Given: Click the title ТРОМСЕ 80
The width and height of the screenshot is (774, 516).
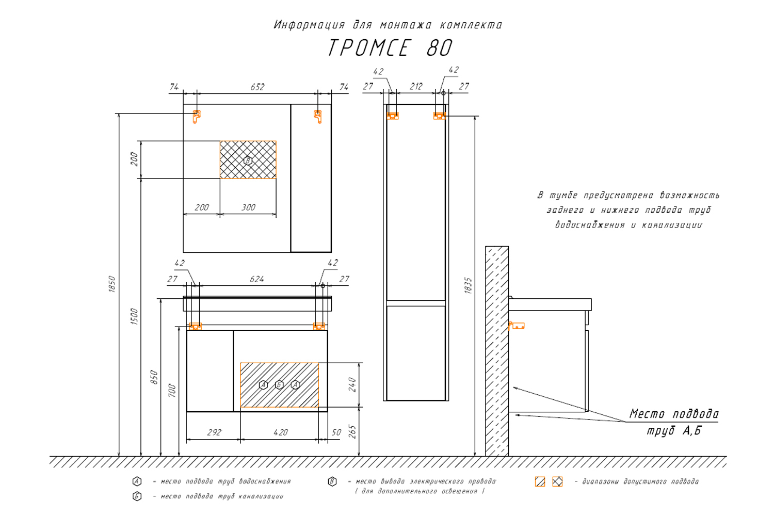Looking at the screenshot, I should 390,48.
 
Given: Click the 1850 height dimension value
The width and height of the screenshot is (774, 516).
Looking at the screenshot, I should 112,284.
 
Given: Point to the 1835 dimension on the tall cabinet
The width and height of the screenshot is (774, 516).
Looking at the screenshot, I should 468,285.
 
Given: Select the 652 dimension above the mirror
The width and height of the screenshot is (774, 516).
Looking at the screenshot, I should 257,87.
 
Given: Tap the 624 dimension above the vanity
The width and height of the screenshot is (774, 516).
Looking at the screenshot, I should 257,279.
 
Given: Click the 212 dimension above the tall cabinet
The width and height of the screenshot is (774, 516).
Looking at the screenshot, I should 416,87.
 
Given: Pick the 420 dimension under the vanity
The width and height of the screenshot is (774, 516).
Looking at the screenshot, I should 280,432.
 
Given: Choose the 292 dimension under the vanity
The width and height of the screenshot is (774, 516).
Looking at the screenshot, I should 214,432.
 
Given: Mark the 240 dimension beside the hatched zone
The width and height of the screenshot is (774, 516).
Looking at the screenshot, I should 352,384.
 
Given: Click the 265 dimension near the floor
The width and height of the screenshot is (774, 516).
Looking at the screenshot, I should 352,431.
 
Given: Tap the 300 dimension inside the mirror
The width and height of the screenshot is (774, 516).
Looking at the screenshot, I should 248,207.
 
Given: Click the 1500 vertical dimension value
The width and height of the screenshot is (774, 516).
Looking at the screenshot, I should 134,316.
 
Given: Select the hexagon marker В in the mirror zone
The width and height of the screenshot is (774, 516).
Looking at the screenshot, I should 248,160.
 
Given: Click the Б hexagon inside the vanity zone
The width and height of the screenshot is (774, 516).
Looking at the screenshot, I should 279,384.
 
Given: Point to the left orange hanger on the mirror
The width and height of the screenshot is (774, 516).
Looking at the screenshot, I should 196,116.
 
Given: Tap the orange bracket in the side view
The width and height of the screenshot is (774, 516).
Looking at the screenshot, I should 517,326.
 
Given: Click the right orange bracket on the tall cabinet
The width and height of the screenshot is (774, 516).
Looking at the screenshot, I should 439,116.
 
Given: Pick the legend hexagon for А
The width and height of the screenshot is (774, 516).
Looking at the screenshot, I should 137,481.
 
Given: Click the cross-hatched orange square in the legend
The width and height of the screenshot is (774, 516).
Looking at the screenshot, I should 557,481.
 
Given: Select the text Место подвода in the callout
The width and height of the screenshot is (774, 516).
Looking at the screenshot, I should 673,414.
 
